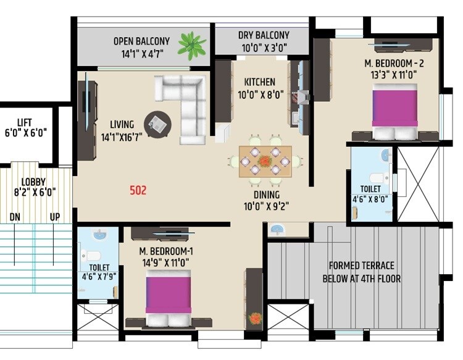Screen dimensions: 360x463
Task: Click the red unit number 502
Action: point(138,191)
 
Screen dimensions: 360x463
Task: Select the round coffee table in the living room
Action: point(157,122)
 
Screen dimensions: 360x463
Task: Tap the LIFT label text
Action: point(25,123)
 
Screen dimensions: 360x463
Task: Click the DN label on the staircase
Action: point(15,217)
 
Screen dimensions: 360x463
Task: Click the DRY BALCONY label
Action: point(264,35)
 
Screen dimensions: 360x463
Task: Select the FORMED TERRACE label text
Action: point(361,266)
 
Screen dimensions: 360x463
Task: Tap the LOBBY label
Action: point(34,182)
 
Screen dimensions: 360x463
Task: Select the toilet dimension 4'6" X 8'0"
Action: point(372,199)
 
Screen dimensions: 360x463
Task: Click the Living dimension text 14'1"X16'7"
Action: point(122,137)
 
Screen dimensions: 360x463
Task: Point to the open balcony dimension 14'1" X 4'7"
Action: point(141,54)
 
